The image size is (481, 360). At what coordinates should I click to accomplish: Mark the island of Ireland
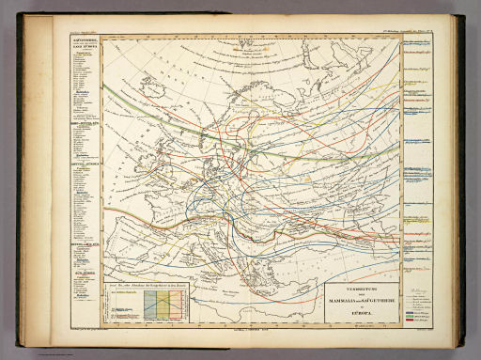click(127, 159)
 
